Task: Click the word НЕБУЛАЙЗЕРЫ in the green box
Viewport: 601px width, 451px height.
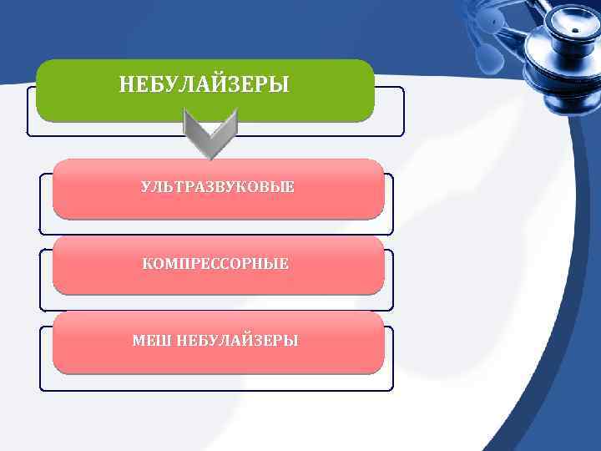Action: (204, 84)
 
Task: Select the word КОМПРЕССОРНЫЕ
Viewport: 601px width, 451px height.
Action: (216, 264)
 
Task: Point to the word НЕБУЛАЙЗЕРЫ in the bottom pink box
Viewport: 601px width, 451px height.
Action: (237, 341)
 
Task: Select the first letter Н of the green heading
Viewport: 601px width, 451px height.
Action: (126, 84)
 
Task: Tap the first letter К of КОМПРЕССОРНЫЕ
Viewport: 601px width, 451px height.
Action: (148, 264)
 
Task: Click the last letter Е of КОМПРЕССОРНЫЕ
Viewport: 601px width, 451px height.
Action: (285, 264)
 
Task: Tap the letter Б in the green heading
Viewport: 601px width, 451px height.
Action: (156, 84)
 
